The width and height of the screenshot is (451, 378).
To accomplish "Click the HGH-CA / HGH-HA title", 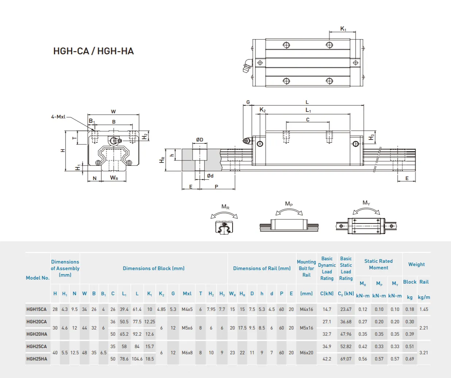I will click(x=93, y=51).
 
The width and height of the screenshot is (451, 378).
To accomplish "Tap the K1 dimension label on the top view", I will click(x=343, y=29).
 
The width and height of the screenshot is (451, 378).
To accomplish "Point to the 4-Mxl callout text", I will click(x=58, y=117).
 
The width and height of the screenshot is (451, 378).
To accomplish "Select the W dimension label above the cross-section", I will click(x=113, y=112).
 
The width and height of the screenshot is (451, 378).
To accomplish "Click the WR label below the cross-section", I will click(x=114, y=178).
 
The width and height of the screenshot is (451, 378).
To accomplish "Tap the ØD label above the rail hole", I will click(x=199, y=140).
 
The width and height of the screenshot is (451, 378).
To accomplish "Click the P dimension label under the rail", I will click(x=216, y=187).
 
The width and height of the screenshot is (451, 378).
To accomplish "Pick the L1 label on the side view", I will click(x=308, y=110).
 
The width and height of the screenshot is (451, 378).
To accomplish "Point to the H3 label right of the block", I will click(x=371, y=137).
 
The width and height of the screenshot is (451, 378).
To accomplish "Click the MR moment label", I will click(x=225, y=207).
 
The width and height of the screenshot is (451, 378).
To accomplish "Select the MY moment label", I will click(x=366, y=203).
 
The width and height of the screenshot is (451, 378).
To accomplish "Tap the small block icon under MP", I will click(x=289, y=225).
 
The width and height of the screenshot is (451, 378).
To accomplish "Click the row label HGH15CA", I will click(x=36, y=309).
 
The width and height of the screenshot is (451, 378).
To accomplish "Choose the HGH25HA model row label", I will click(x=37, y=359).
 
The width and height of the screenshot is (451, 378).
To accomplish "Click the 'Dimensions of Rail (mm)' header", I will click(x=262, y=268).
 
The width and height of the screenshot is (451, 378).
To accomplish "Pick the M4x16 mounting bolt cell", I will click(x=306, y=309).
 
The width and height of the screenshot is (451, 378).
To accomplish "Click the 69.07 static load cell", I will click(x=346, y=359).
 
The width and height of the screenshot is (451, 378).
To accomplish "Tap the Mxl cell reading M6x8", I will click(x=187, y=353).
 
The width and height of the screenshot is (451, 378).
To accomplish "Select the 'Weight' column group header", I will click(x=416, y=265).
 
